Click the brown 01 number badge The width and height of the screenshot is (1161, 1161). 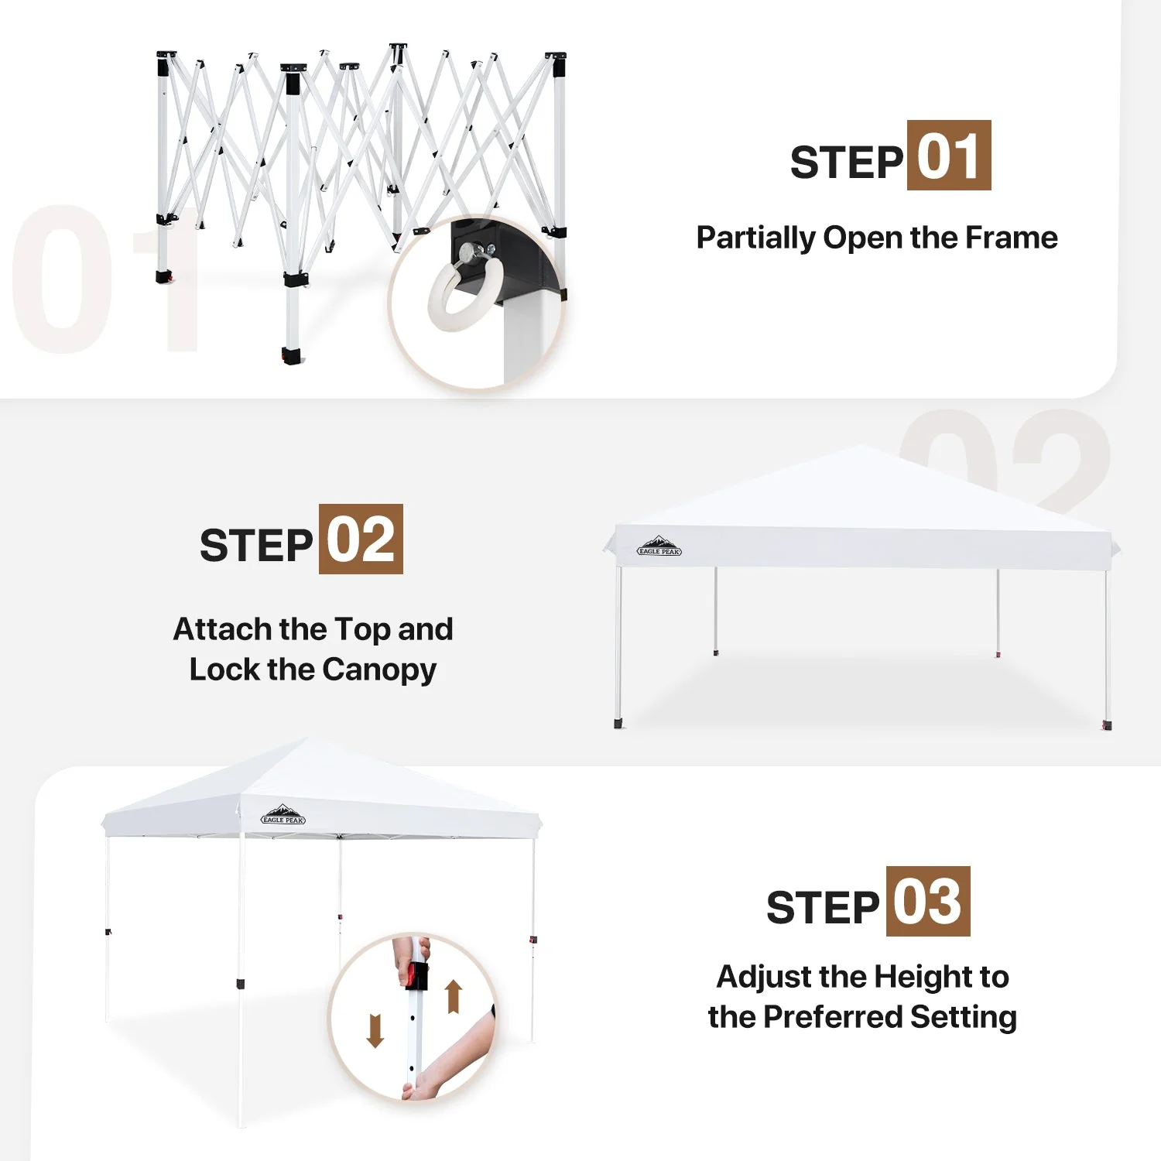point(948,156)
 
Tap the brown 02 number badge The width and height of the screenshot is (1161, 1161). point(361,539)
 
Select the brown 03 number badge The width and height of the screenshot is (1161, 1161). point(927,902)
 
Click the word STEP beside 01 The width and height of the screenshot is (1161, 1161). point(846,163)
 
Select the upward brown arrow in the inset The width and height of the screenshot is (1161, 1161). point(454,996)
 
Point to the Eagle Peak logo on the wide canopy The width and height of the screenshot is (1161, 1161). point(659,547)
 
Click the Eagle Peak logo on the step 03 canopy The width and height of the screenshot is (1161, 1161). point(283,815)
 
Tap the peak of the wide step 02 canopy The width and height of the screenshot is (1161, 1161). point(861,447)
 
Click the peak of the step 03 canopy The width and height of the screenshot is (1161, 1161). point(308,740)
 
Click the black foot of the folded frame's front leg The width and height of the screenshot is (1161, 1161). point(291,356)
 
